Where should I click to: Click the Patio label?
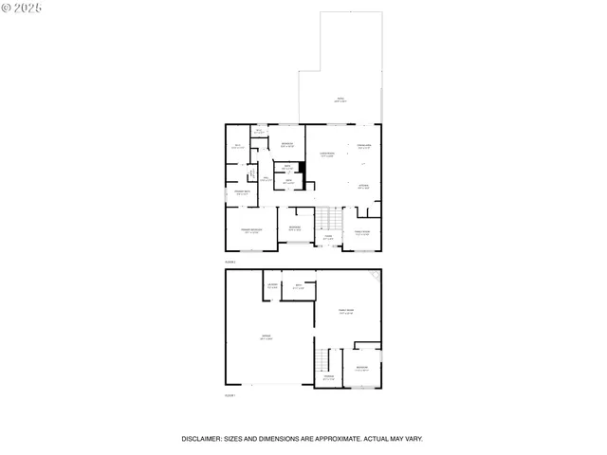pyautogui.click(x=340, y=100)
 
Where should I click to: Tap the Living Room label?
pyautogui.click(x=326, y=154)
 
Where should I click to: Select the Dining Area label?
pyautogui.click(x=363, y=146)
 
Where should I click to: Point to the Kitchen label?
pyautogui.click(x=363, y=187)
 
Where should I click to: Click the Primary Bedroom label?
pyautogui.click(x=250, y=230)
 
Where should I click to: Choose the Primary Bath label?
pyautogui.click(x=242, y=193)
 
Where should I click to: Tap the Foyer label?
pyautogui.click(x=327, y=238)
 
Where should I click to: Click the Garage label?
pyautogui.click(x=266, y=337)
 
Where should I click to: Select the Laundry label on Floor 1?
pyautogui.click(x=272, y=284)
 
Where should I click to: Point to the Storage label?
pyautogui.click(x=328, y=377)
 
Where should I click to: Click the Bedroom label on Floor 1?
pyautogui.click(x=361, y=368)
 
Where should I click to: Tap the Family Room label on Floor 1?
pyautogui.click(x=347, y=311)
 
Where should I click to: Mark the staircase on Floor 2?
pyautogui.click(x=328, y=220)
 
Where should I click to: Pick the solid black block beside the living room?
pyautogui.click(x=302, y=168)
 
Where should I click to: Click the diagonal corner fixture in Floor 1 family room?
pyautogui.click(x=378, y=275)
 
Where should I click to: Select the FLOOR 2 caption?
pyautogui.click(x=230, y=261)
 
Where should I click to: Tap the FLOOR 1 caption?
pyautogui.click(x=230, y=395)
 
